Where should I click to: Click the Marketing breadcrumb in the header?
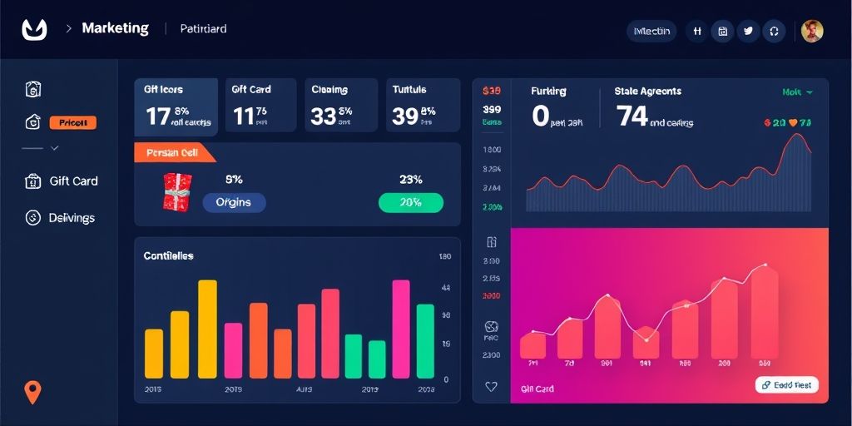click(115, 28)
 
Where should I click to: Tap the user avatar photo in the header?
click(812, 31)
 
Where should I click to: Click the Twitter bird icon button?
click(748, 31)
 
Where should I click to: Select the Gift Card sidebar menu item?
click(73, 181)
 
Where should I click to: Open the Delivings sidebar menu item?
click(72, 218)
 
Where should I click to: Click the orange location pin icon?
click(32, 391)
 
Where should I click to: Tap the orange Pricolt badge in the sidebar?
click(73, 123)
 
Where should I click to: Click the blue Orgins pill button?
click(234, 202)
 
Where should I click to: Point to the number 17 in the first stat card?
click(158, 116)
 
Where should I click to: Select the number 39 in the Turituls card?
click(404, 116)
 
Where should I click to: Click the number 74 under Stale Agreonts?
click(632, 116)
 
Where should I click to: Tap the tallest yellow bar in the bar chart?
click(207, 329)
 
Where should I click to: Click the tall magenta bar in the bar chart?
click(401, 329)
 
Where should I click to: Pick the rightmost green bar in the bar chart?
click(425, 341)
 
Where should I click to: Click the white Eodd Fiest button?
click(787, 385)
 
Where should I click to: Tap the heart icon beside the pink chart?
click(491, 386)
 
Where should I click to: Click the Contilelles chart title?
click(169, 255)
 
